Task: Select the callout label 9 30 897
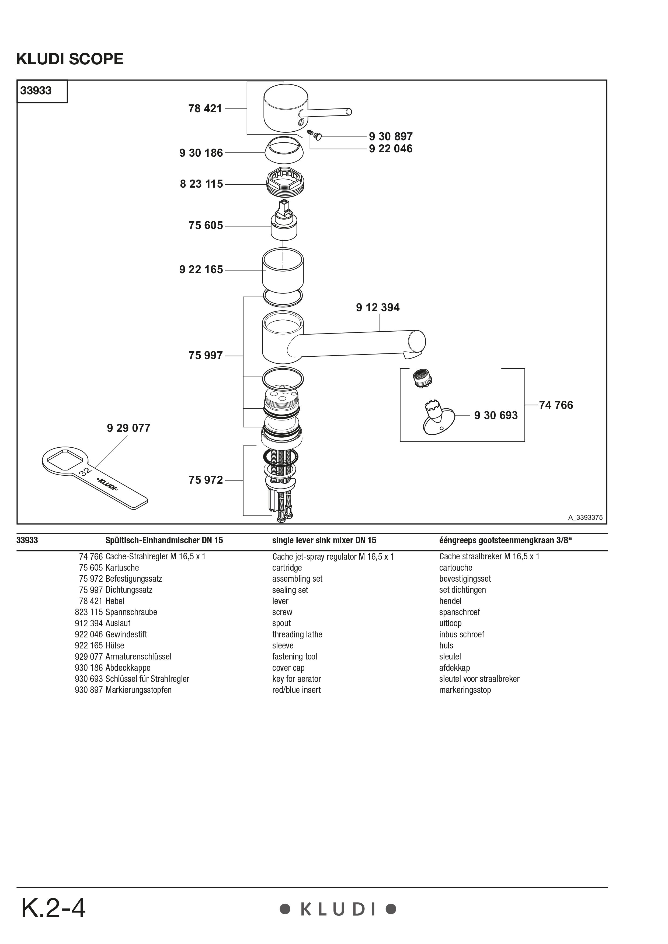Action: (x=390, y=136)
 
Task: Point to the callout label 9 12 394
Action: (x=378, y=308)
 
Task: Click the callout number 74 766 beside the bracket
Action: (x=555, y=405)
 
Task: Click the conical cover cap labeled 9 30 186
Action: (x=284, y=150)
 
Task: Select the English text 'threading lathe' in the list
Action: (x=297, y=634)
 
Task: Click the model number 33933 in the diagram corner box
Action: (x=36, y=91)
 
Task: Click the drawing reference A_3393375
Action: (x=585, y=518)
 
